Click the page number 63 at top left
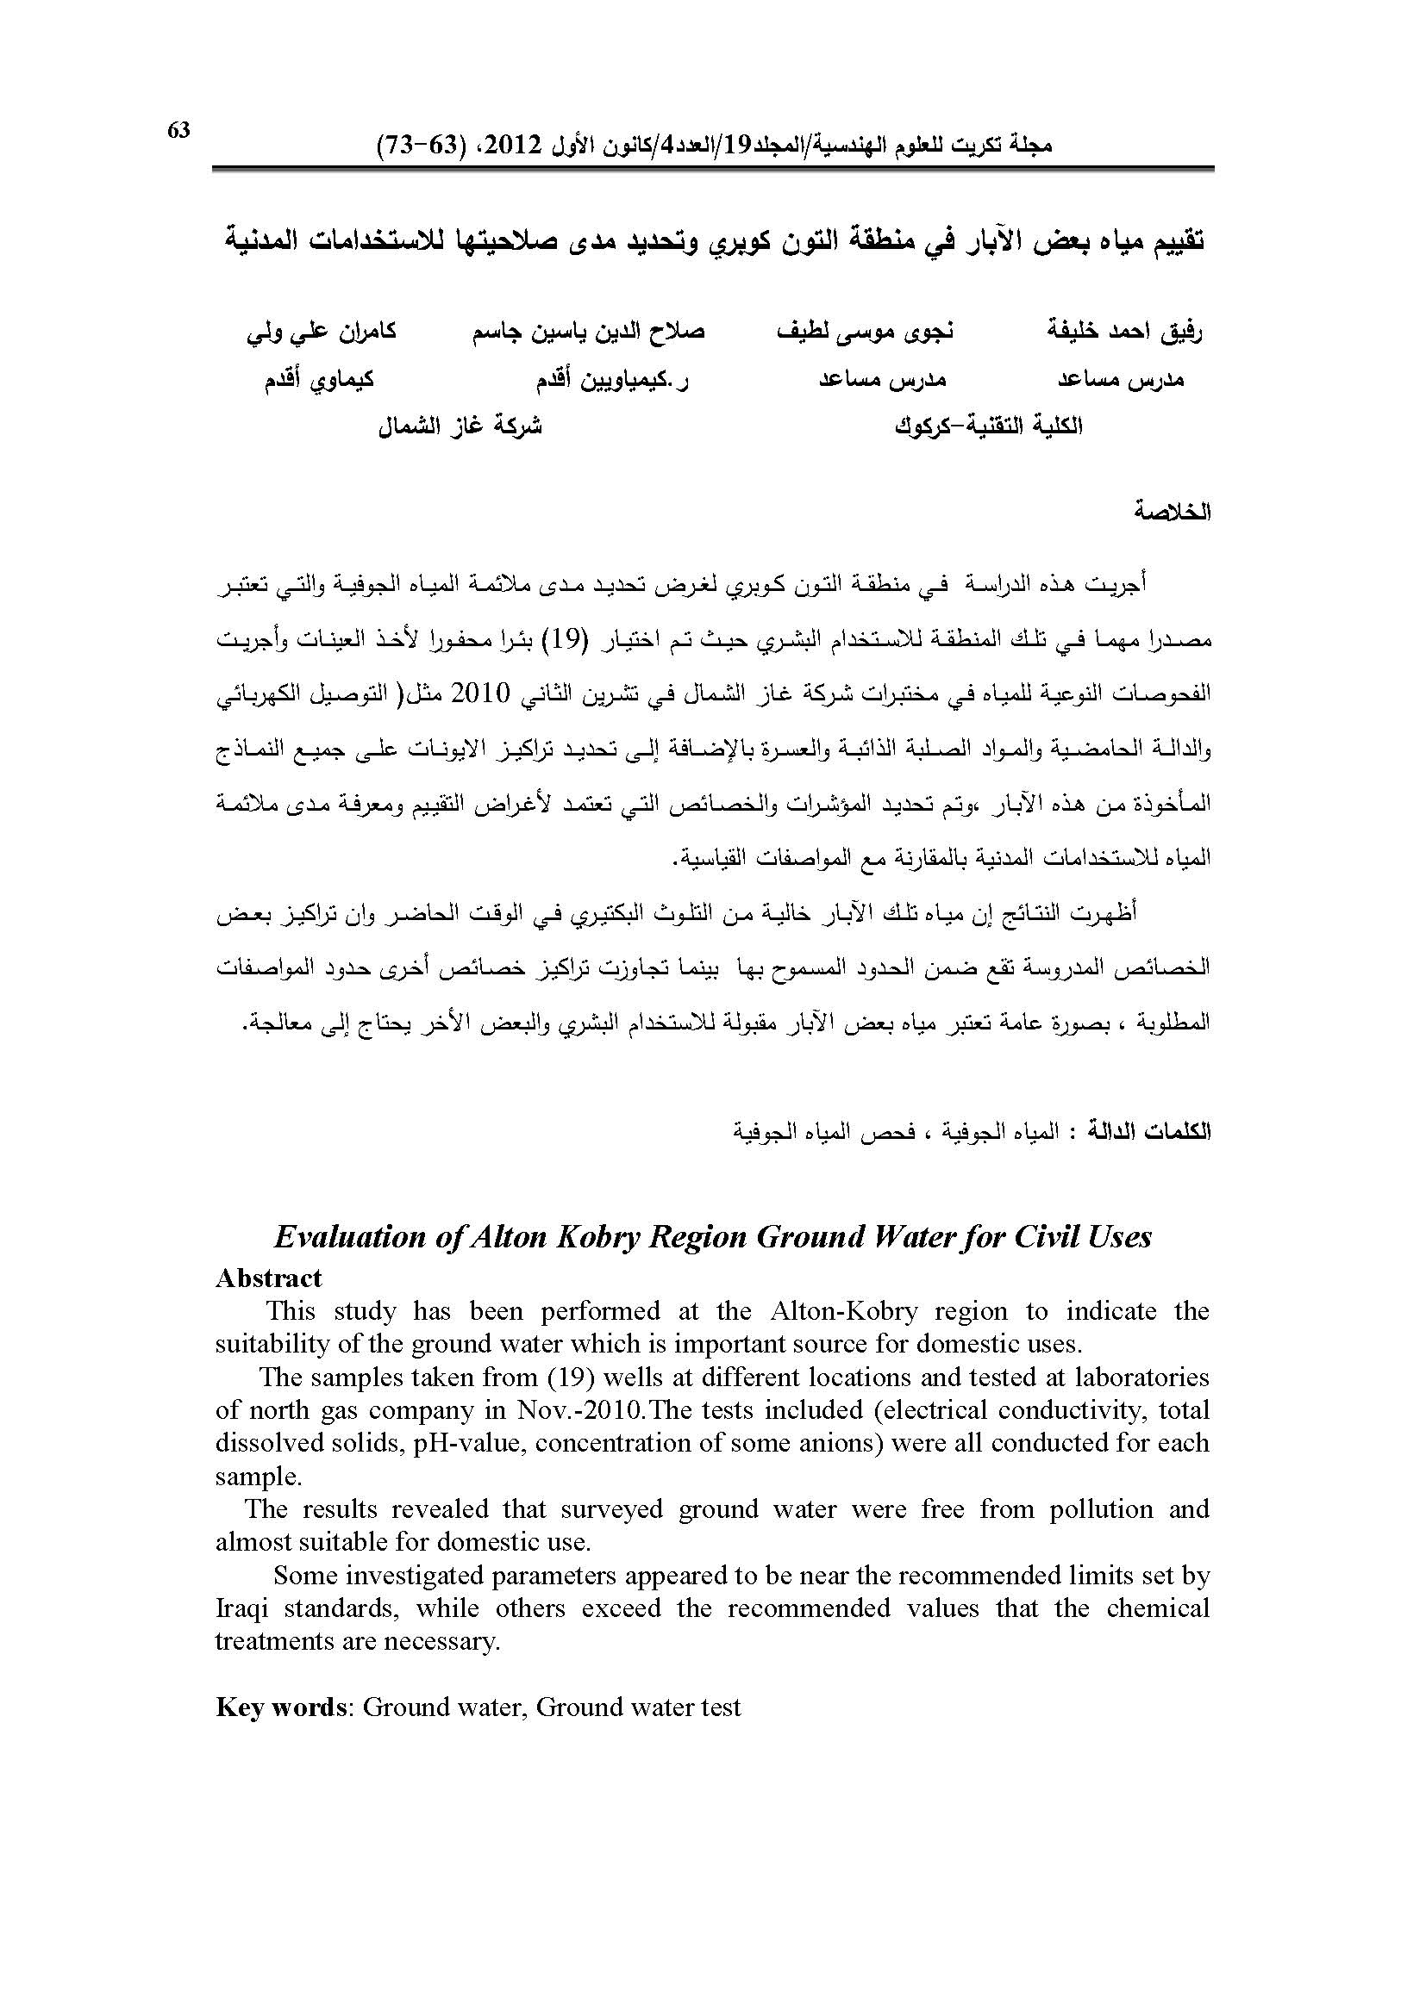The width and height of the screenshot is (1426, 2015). [x=178, y=131]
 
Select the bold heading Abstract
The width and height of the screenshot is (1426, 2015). [x=269, y=1278]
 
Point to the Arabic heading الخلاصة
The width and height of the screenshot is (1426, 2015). [x=1172, y=512]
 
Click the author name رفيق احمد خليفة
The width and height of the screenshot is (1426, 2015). [x=1125, y=331]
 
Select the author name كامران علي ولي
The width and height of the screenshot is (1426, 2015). [x=322, y=331]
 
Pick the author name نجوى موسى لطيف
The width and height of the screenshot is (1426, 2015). [x=866, y=331]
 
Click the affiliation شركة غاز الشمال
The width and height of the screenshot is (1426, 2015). [x=460, y=427]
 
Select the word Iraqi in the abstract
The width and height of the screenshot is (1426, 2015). [x=243, y=1608]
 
